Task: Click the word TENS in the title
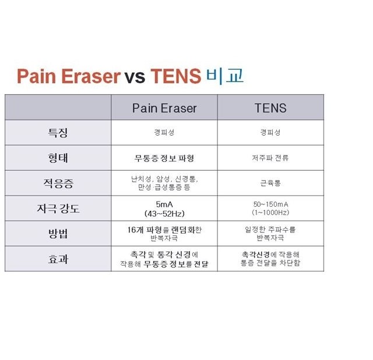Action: click(176, 76)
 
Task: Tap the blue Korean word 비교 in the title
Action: click(225, 76)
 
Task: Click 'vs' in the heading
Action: click(135, 77)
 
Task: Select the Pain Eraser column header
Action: click(164, 108)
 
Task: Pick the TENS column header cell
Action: click(270, 108)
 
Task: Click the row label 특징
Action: click(58, 133)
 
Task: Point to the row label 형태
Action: click(58, 158)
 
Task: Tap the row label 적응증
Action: click(58, 183)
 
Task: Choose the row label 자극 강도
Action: click(58, 209)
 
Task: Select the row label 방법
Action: click(58, 234)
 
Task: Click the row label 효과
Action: click(58, 259)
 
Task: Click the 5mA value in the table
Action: click(164, 204)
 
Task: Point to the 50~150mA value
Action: click(270, 204)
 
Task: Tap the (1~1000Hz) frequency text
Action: click(270, 213)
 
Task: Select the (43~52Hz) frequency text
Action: click(164, 214)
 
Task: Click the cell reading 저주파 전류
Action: click(270, 158)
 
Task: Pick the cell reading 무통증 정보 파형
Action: click(164, 158)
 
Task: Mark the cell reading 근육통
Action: click(270, 183)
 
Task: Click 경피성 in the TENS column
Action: click(270, 132)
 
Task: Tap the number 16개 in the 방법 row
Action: click(135, 230)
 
